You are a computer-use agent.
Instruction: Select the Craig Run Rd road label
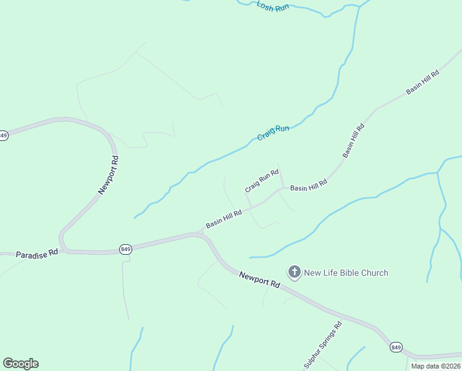(262, 181)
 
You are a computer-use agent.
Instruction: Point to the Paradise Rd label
(36, 254)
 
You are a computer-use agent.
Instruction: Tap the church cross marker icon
(295, 271)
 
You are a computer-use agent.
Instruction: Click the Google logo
(20, 364)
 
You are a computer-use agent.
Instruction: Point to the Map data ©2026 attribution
(435, 366)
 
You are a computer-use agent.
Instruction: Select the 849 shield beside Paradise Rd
(125, 249)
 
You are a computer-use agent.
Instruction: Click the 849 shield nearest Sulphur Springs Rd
(396, 348)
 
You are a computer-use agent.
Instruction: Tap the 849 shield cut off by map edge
(3, 135)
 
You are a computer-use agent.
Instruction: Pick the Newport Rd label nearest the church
(259, 279)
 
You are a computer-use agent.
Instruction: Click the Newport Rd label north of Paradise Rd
(107, 176)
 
